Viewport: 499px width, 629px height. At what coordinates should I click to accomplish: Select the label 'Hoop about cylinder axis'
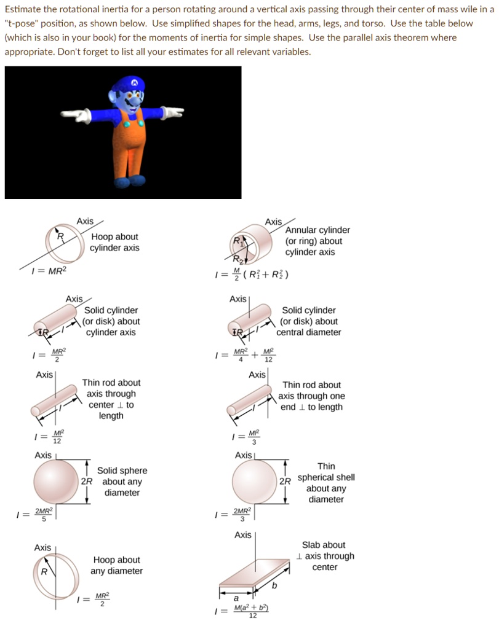pyautogui.click(x=114, y=242)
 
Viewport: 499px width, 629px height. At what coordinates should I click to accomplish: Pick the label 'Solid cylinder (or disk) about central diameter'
pyautogui.click(x=308, y=321)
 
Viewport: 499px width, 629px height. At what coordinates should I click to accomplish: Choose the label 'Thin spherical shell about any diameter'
pyautogui.click(x=326, y=483)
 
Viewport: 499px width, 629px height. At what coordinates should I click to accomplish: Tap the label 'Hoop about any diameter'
pyautogui.click(x=116, y=565)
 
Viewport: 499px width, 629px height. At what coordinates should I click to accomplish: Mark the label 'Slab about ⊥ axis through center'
pyautogui.click(x=324, y=556)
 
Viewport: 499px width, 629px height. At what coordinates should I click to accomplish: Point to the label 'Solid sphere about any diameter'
pyautogui.click(x=122, y=482)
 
